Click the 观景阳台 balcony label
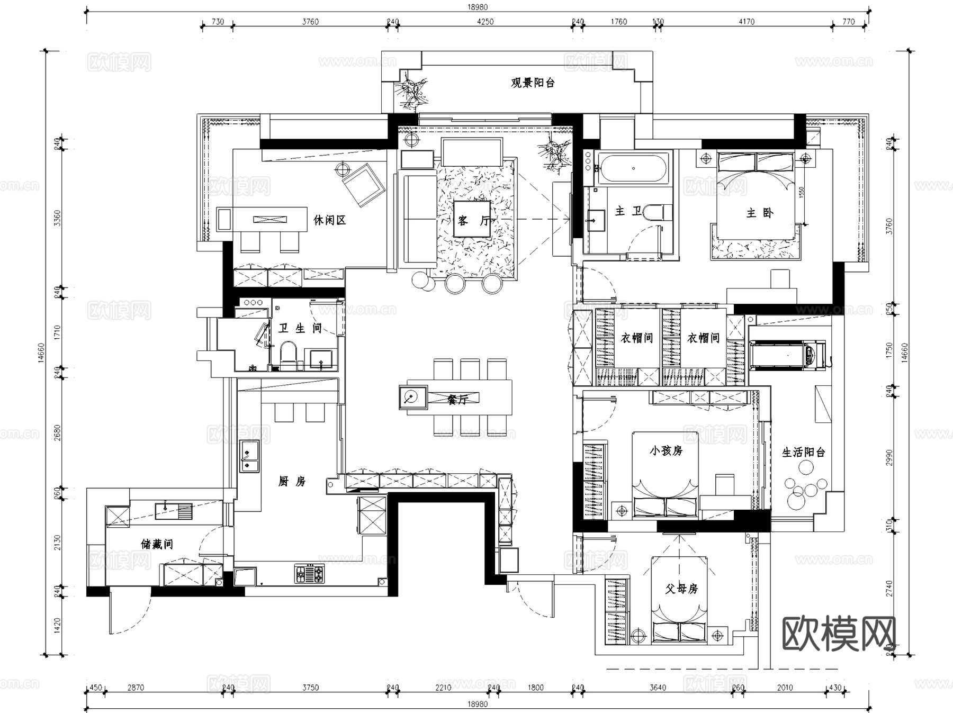click(x=532, y=83)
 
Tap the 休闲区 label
click(x=329, y=220)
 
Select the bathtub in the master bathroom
click(x=633, y=169)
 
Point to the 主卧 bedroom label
click(x=759, y=213)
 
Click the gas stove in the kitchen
click(x=309, y=574)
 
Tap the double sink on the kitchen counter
click(x=249, y=456)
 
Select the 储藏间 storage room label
click(x=156, y=544)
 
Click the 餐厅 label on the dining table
click(x=457, y=400)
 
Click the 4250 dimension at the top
click(x=485, y=22)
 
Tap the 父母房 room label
click(x=681, y=588)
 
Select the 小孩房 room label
click(x=666, y=450)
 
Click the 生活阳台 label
click(x=803, y=452)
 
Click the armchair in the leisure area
click(x=363, y=184)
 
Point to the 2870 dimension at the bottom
click(x=136, y=688)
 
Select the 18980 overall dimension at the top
click(x=477, y=7)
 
